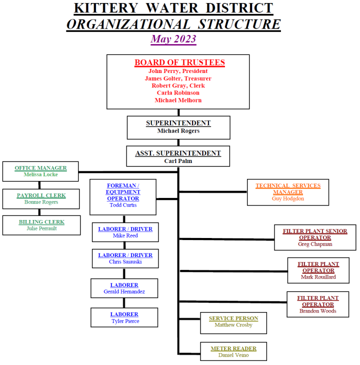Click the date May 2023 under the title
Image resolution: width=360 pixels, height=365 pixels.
pyautogui.click(x=173, y=39)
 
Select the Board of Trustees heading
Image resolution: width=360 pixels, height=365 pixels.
pyautogui.click(x=179, y=62)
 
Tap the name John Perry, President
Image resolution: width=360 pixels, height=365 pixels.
pyautogui.click(x=178, y=71)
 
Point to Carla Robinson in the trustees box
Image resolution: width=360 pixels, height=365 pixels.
pyautogui.click(x=178, y=92)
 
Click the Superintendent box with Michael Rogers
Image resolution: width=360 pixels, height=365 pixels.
pyautogui.click(x=178, y=127)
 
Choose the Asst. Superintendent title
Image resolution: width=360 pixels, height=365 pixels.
pyautogui.click(x=178, y=153)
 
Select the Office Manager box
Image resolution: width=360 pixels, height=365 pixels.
pyautogui.click(x=40, y=171)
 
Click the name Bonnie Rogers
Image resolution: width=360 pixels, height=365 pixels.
pyautogui.click(x=41, y=202)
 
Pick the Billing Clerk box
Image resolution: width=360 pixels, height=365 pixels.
pyautogui.click(x=41, y=225)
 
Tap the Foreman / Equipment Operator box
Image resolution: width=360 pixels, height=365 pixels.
pyautogui.click(x=123, y=197)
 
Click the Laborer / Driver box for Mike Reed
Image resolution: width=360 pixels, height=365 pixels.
pyautogui.click(x=125, y=232)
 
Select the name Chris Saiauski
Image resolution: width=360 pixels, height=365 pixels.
pyautogui.click(x=125, y=261)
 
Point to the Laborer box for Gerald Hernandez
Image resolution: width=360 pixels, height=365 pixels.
pyautogui.click(x=124, y=288)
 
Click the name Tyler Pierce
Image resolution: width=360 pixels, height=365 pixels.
pyautogui.click(x=125, y=321)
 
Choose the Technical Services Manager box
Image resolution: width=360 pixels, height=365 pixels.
pyautogui.click(x=288, y=192)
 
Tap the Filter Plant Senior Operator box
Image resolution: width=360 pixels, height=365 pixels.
pyautogui.click(x=315, y=237)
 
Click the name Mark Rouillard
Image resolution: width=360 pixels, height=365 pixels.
pyautogui.click(x=318, y=277)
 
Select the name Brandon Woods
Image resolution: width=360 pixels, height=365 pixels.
pyautogui.click(x=317, y=311)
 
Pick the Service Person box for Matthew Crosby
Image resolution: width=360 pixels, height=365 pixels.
pyautogui.click(x=233, y=322)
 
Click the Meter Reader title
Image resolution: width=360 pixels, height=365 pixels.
pyautogui.click(x=233, y=348)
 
